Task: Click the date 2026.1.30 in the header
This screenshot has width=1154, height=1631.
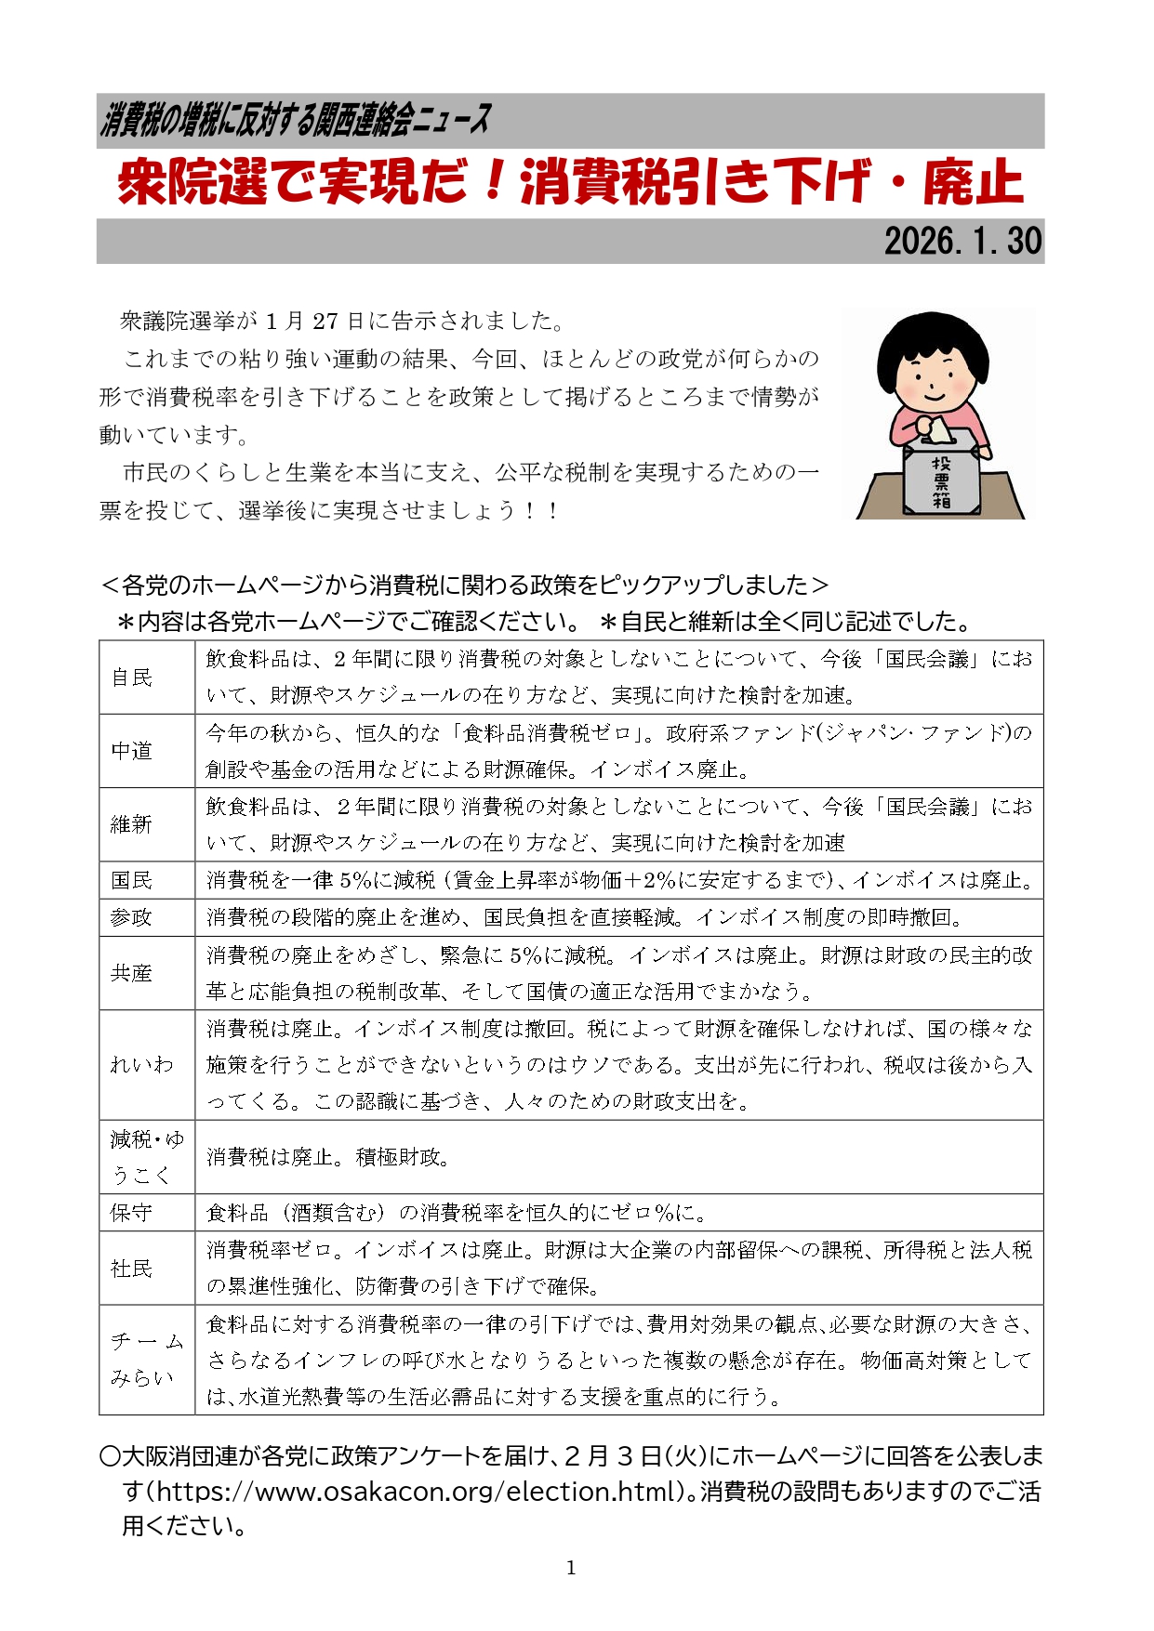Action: pos(962,242)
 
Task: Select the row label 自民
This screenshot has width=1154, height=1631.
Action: pos(131,677)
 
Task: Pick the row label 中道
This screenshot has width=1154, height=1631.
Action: pos(131,751)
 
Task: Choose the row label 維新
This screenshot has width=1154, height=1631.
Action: pos(131,824)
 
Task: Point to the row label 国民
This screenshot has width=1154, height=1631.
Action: pos(131,880)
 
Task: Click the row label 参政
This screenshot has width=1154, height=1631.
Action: pos(131,917)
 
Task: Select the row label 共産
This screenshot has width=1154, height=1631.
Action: pos(131,973)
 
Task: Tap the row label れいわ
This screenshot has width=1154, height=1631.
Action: pos(141,1064)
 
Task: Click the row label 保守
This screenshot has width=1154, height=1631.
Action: pos(131,1213)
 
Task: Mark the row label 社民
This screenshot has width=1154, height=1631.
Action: pos(131,1269)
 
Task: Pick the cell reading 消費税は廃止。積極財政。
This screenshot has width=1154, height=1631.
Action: pos(328,1157)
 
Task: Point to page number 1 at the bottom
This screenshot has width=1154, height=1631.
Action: pos(571,1568)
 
